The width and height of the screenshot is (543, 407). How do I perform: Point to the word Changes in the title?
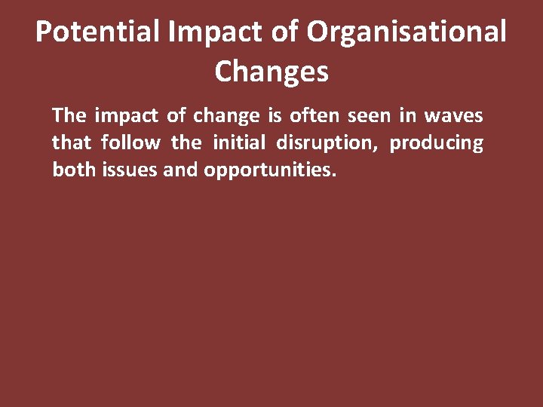[x=271, y=72]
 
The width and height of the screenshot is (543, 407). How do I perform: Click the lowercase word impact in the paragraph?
[x=123, y=116]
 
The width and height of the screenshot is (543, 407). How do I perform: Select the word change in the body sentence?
[x=224, y=116]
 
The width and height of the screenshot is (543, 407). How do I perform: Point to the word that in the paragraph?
[x=71, y=142]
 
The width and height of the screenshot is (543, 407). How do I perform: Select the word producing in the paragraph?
[x=436, y=143]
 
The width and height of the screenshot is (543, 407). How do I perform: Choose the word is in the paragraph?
[x=273, y=116]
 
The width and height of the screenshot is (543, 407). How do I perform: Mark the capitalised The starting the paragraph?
[x=69, y=116]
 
